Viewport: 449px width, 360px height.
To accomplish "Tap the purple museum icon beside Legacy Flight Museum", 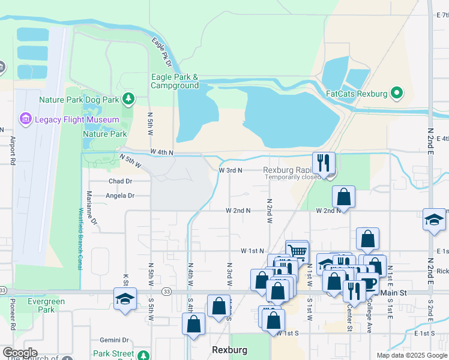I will (x=26, y=119).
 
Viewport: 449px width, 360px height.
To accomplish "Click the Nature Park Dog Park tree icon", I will (x=128, y=98).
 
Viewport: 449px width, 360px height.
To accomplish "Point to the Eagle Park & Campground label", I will (x=175, y=81).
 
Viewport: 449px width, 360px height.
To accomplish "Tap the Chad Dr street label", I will (x=120, y=181).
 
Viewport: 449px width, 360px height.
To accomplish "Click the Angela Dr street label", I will (x=120, y=196).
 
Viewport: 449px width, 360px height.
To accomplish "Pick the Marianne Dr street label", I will (x=91, y=208).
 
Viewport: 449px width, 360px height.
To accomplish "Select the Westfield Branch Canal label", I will (x=80, y=239).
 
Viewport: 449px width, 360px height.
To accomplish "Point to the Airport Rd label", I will (x=12, y=150).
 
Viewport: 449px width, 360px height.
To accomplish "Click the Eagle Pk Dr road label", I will (x=161, y=52).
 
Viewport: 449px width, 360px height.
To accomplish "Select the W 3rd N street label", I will (x=230, y=170).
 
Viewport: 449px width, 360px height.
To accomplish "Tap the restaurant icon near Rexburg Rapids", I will (x=324, y=163).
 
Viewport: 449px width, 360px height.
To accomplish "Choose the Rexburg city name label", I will (x=226, y=349).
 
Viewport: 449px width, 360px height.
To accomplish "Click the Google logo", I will (x=20, y=353).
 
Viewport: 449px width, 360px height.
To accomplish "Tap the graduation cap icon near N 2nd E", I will (x=434, y=220).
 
